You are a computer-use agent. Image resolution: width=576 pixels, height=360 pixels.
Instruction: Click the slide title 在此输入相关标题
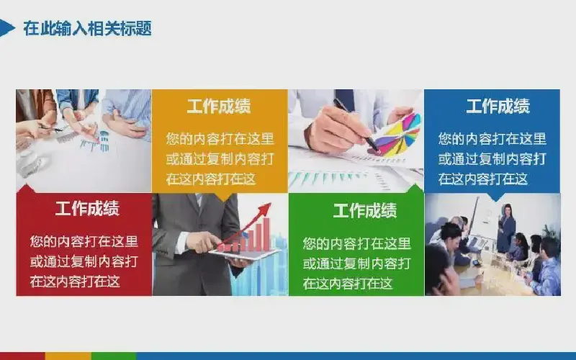pos(87,28)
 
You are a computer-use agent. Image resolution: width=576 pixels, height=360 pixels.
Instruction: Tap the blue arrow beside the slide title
pos(6,28)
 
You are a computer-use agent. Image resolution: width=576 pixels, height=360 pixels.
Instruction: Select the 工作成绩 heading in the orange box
pos(219,106)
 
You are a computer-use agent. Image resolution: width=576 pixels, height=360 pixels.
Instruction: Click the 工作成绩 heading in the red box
pos(87,208)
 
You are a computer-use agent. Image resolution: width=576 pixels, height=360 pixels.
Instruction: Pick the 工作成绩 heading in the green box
pos(365,210)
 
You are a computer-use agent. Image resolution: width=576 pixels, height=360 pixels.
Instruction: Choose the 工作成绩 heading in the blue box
pos(498,106)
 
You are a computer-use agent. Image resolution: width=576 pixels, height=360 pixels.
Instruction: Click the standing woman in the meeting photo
pos(506,228)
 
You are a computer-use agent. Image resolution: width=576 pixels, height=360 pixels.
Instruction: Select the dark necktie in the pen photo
pos(345,99)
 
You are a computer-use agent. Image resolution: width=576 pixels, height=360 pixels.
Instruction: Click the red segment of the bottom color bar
pos(22,356)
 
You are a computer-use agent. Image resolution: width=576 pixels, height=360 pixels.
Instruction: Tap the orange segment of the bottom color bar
pos(68,356)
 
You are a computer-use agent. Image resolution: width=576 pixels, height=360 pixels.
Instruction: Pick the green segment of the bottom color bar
pos(114,356)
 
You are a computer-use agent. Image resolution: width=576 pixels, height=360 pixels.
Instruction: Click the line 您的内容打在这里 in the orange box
pos(220,139)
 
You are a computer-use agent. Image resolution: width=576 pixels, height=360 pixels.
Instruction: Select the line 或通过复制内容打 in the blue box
pos(492,159)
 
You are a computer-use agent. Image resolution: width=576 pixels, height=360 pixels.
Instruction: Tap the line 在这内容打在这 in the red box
pos(75,282)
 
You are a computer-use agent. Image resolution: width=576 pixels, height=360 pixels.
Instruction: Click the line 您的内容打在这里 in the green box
pos(356,243)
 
